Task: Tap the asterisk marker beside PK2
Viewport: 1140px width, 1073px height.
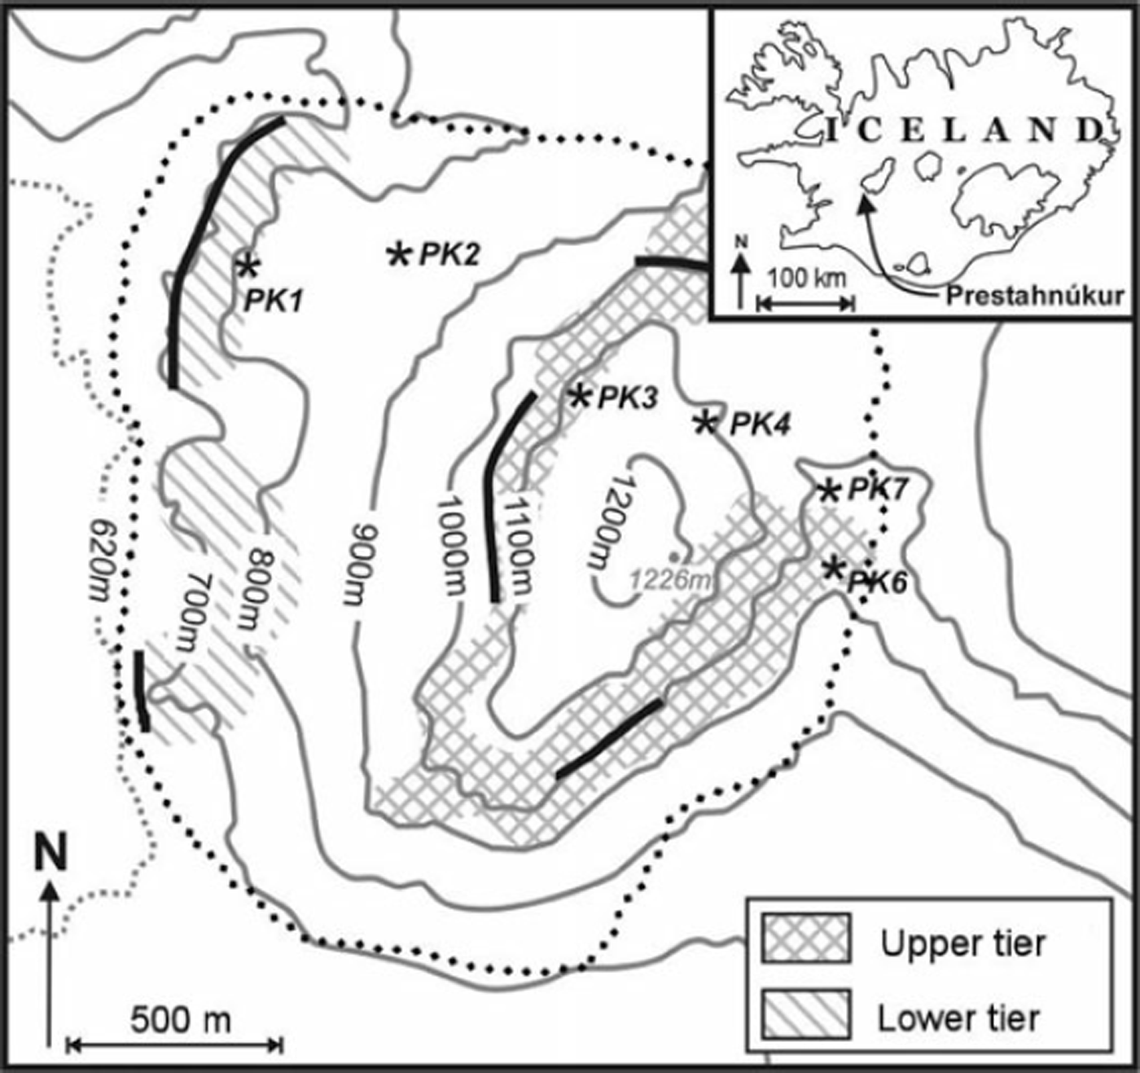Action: [x=399, y=254]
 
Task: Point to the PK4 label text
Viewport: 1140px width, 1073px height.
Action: [x=760, y=424]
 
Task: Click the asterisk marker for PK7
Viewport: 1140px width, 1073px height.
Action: [x=829, y=490]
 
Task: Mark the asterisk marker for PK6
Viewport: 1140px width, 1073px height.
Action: [x=833, y=568]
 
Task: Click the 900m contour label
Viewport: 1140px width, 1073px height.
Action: [x=357, y=561]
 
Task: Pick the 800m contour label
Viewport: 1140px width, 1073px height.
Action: [x=259, y=588]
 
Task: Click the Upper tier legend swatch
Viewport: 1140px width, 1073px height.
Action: [x=805, y=938]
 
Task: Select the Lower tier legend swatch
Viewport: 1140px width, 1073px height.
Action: [x=805, y=1014]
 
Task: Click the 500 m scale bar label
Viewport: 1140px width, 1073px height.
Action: [x=181, y=1019]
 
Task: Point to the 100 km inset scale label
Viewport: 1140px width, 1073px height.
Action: [x=807, y=278]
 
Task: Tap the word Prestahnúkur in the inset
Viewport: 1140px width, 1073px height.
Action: [x=1034, y=295]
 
